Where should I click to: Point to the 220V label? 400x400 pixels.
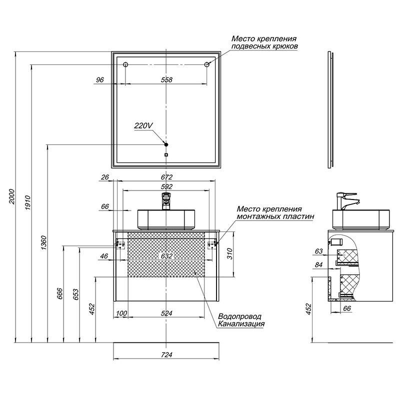[143, 126]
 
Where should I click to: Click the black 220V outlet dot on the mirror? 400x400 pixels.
[166, 144]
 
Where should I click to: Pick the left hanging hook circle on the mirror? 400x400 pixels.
[125, 64]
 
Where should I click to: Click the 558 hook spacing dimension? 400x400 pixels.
[166, 80]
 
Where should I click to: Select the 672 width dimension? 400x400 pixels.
[166, 177]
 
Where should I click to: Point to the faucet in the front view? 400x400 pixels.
[166, 201]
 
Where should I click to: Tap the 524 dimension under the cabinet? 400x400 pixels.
[166, 313]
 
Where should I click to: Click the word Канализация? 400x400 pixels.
[241, 324]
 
